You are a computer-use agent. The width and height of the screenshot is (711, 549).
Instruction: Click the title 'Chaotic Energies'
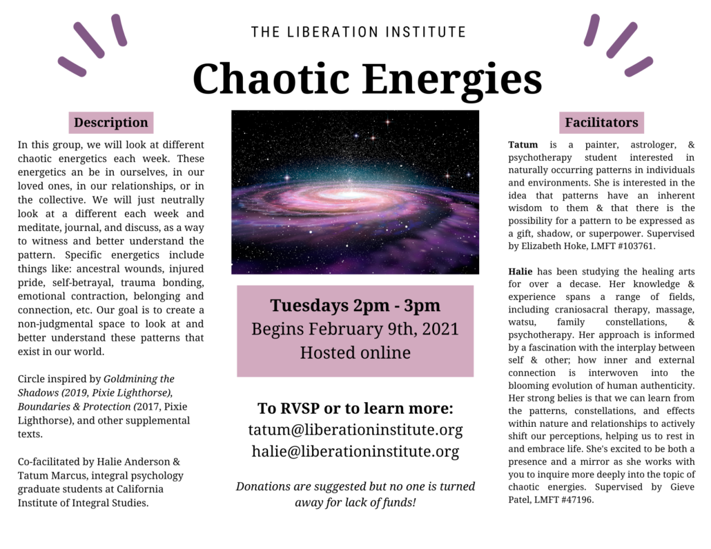pyautogui.click(x=367, y=79)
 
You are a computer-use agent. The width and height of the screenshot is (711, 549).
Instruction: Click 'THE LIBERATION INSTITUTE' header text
pyautogui.click(x=359, y=32)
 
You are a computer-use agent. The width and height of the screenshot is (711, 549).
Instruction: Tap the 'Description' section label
pyautogui.click(x=111, y=122)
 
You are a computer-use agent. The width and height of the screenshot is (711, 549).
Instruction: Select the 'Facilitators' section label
pyautogui.click(x=601, y=122)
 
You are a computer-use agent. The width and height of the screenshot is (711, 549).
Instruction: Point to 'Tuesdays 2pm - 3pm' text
pyautogui.click(x=355, y=306)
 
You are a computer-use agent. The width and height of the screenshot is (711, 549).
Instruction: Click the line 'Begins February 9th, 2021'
pyautogui.click(x=355, y=329)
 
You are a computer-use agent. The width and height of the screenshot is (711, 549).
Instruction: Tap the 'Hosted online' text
pyautogui.click(x=355, y=352)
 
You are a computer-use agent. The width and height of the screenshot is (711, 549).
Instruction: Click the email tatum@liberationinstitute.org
pyautogui.click(x=355, y=430)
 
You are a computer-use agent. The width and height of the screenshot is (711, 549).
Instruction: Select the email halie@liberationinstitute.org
pyautogui.click(x=355, y=451)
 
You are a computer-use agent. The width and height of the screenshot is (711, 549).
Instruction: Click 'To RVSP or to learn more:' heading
pyautogui.click(x=355, y=408)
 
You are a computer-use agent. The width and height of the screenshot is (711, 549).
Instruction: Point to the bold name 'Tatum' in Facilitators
pyautogui.click(x=523, y=145)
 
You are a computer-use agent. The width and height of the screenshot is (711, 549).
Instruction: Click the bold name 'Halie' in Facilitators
pyautogui.click(x=520, y=271)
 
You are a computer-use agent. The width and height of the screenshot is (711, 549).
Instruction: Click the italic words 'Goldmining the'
pyautogui.click(x=139, y=379)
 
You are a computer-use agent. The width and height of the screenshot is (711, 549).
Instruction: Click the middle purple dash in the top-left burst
pyautogui.click(x=89, y=40)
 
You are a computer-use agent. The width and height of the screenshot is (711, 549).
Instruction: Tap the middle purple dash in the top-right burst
pyautogui.click(x=622, y=40)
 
